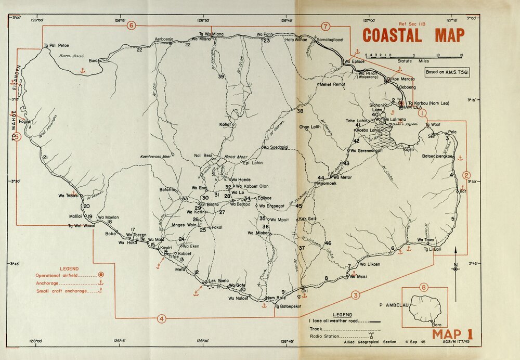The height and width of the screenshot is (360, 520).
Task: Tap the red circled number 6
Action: click(x=131, y=25)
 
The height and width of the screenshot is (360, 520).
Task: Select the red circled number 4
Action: click(x=162, y=318)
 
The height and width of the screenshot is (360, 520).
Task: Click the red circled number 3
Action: click(x=356, y=295)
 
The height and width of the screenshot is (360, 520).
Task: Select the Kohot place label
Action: click(x=225, y=125)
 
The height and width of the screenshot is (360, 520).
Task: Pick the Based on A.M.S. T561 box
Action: click(x=447, y=73)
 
